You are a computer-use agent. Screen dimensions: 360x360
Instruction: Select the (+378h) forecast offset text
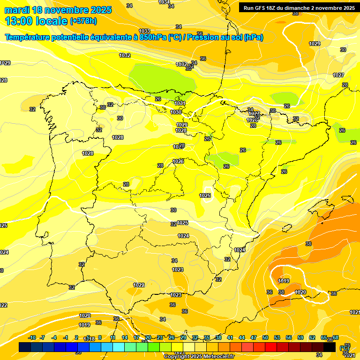(x=83, y=21)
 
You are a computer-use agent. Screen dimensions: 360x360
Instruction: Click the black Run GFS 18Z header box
(x=299, y=7)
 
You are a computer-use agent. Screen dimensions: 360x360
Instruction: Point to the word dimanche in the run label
(x=293, y=7)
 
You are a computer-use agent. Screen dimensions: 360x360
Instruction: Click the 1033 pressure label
(x=145, y=31)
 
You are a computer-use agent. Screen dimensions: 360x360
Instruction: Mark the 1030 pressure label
(x=176, y=112)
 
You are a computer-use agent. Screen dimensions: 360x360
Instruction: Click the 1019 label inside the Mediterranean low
(x=284, y=281)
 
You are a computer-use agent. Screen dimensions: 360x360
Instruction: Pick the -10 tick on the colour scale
(x=32, y=337)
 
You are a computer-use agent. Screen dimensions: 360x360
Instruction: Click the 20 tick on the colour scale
(x=148, y=337)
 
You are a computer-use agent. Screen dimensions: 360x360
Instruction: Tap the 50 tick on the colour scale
(x=265, y=337)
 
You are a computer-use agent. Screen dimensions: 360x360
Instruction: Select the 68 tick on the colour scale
(x=336, y=337)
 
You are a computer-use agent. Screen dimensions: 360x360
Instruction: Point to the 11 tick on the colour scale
(x=113, y=337)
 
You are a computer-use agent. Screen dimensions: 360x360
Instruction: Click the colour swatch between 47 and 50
(x=259, y=347)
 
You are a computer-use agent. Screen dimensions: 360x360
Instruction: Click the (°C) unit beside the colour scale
(x=344, y=348)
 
